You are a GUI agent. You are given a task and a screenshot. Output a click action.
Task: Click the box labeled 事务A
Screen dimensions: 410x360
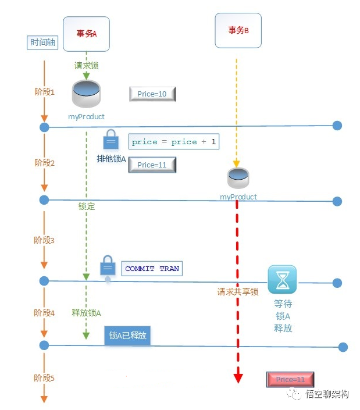point(86,34)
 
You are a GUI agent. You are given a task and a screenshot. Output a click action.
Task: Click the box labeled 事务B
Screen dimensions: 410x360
point(238,30)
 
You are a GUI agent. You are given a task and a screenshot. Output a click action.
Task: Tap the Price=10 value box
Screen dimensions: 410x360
point(152,94)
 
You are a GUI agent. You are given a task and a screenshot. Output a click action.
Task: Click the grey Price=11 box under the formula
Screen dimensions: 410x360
point(152,165)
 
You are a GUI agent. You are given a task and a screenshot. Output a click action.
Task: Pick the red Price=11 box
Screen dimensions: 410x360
point(290,380)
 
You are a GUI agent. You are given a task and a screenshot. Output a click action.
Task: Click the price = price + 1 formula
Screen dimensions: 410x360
point(173,142)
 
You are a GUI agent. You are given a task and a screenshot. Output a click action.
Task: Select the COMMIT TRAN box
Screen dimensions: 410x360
point(152,269)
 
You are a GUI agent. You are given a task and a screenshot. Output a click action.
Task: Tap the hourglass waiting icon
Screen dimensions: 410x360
point(282,280)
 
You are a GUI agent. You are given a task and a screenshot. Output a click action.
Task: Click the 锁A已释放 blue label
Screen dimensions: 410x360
point(128,336)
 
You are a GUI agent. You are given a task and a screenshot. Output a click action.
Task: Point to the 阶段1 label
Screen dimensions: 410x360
point(44,92)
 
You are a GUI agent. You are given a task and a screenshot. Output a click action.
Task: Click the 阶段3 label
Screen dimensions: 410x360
point(44,240)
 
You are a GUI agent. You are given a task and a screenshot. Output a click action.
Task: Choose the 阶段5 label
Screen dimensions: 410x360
point(44,378)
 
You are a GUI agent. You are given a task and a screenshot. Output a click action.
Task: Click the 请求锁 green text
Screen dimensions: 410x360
point(86,66)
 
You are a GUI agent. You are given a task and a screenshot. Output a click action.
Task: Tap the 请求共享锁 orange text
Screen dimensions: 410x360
point(237,292)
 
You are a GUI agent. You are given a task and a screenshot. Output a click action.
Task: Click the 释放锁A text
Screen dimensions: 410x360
point(86,313)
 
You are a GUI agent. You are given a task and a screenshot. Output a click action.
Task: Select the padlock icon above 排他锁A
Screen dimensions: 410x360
point(111,140)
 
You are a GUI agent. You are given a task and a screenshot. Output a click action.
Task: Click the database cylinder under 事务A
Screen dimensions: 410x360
point(86,95)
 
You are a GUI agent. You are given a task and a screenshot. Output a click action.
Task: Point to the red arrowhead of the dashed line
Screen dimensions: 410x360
point(238,379)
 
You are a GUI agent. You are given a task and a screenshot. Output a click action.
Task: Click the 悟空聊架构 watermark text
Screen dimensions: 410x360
point(327,394)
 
